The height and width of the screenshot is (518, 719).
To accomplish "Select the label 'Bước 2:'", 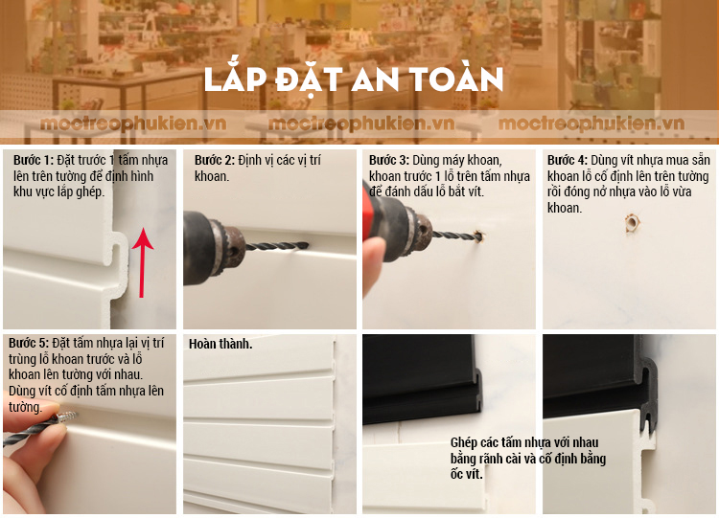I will tap(214, 160).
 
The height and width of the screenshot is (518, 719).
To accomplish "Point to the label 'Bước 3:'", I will tap(389, 160).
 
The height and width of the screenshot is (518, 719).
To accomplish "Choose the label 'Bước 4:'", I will tap(567, 160).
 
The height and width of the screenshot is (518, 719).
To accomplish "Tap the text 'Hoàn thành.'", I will tap(220, 344).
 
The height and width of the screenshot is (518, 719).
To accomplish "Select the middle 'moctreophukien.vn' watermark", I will tap(361, 124).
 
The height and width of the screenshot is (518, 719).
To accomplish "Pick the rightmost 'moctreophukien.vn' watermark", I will tap(591, 124).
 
